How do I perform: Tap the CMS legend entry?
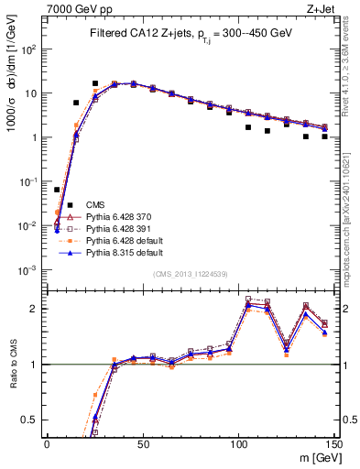(x=96, y=204)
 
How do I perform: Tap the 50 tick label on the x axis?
(x=142, y=443)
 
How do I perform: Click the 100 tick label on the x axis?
(x=238, y=443)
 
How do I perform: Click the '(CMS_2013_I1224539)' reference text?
(x=190, y=274)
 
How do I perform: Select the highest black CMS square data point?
(x=94, y=83)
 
